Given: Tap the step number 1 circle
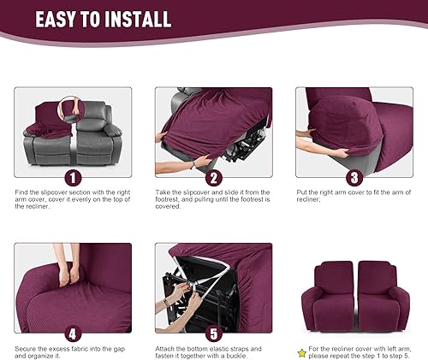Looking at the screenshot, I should click(x=74, y=177).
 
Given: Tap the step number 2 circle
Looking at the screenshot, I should click(x=213, y=177).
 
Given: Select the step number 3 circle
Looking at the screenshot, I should click(x=353, y=177).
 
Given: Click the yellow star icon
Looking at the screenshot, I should click(x=300, y=351).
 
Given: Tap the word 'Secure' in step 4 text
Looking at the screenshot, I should click(x=27, y=350).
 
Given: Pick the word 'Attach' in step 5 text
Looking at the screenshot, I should click(x=166, y=350).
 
